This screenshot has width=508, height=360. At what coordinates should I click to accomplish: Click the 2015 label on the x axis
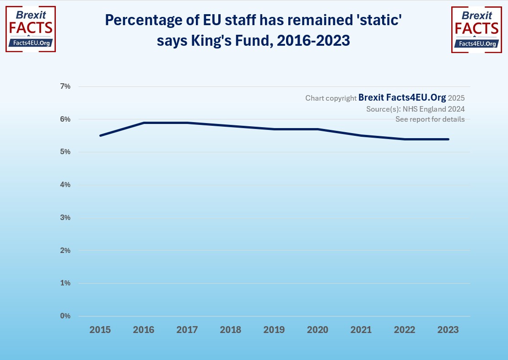coord(100,330)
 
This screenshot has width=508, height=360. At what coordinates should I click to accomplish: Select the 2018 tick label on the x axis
coord(231,330)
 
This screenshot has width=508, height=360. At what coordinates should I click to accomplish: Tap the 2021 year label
coord(361,330)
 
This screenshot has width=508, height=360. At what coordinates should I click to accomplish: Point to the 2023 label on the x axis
coord(448,330)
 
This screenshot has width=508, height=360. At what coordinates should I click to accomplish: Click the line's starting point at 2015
coord(100,135)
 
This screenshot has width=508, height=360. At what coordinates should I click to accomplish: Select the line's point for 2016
coord(144,123)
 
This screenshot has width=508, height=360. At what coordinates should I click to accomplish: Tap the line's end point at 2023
coord(448,139)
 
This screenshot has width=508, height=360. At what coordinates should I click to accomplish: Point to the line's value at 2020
coord(318,129)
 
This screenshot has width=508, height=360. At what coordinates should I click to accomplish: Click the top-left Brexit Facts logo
coord(30,29)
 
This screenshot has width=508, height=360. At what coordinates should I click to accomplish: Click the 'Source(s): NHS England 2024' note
coord(415,109)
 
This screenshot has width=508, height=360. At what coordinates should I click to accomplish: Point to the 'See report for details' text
coord(430,119)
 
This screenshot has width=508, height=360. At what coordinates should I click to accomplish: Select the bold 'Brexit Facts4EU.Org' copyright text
coord(402,97)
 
